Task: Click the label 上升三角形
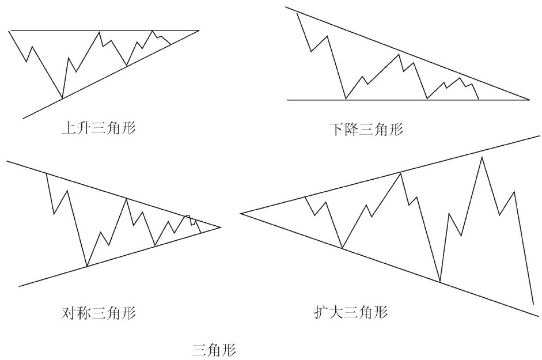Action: click(98, 128)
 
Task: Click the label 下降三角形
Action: click(366, 130)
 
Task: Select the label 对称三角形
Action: click(98, 313)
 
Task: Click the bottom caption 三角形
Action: click(214, 350)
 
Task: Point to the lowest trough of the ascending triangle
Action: click(62, 98)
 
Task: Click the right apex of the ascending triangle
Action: click(199, 31)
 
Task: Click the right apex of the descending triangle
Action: click(529, 100)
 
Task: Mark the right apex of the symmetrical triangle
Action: click(221, 227)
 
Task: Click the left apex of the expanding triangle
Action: click(241, 213)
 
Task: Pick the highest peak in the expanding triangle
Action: click(482, 157)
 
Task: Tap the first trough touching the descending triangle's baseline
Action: click(346, 99)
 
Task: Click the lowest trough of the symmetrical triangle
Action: click(87, 266)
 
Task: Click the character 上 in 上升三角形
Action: click(69, 128)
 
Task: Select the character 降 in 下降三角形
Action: click(352, 130)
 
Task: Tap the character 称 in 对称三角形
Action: click(84, 313)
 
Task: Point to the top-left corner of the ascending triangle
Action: click(9, 31)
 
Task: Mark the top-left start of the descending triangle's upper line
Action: click(286, 7)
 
